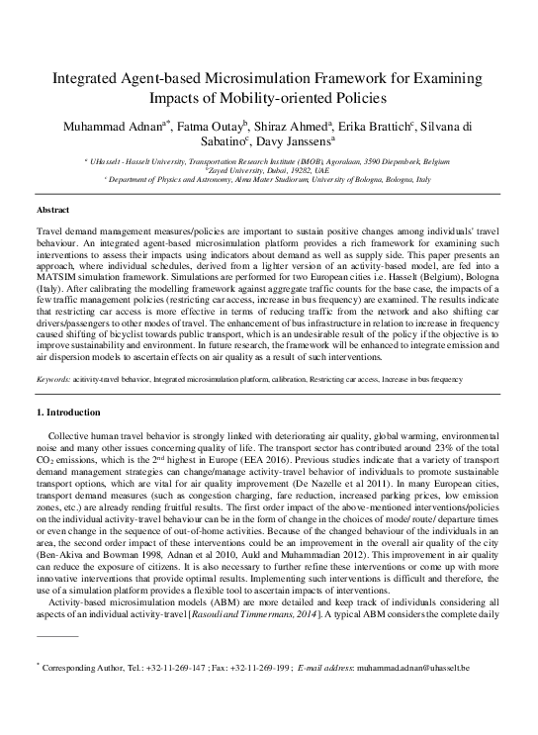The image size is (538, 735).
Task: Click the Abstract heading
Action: [x=52, y=212]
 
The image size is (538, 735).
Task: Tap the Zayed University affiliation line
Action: [x=268, y=170]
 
